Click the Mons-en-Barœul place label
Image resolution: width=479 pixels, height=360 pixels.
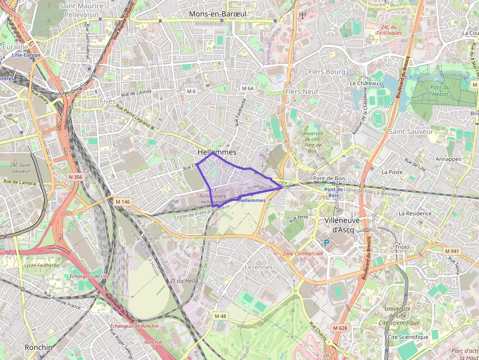coord(218,14)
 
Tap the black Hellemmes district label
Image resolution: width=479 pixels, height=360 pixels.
coord(217,152)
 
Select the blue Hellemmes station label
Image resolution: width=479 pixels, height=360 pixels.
coord(253,200)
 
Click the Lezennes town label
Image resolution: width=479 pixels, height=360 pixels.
coord(258,267)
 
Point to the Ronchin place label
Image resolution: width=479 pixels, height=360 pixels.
coord(38,347)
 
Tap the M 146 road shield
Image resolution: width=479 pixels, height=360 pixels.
coord(123,201)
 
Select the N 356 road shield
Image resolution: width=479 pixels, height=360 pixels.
coord(75,177)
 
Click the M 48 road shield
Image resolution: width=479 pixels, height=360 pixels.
coord(220,316)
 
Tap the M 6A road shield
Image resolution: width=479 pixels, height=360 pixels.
coord(248,88)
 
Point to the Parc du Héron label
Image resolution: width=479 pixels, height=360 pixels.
coord(426,90)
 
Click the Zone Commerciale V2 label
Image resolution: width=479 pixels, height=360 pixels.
coord(303,257)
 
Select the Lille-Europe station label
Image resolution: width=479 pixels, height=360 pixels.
coord(26,55)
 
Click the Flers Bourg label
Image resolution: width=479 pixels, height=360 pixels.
coord(327,72)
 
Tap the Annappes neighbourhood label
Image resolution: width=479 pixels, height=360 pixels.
coord(448,159)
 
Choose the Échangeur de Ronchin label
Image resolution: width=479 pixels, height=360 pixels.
coord(134,326)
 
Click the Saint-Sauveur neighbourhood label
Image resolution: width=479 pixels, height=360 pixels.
coord(411,131)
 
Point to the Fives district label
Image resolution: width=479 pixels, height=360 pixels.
coord(108,101)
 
